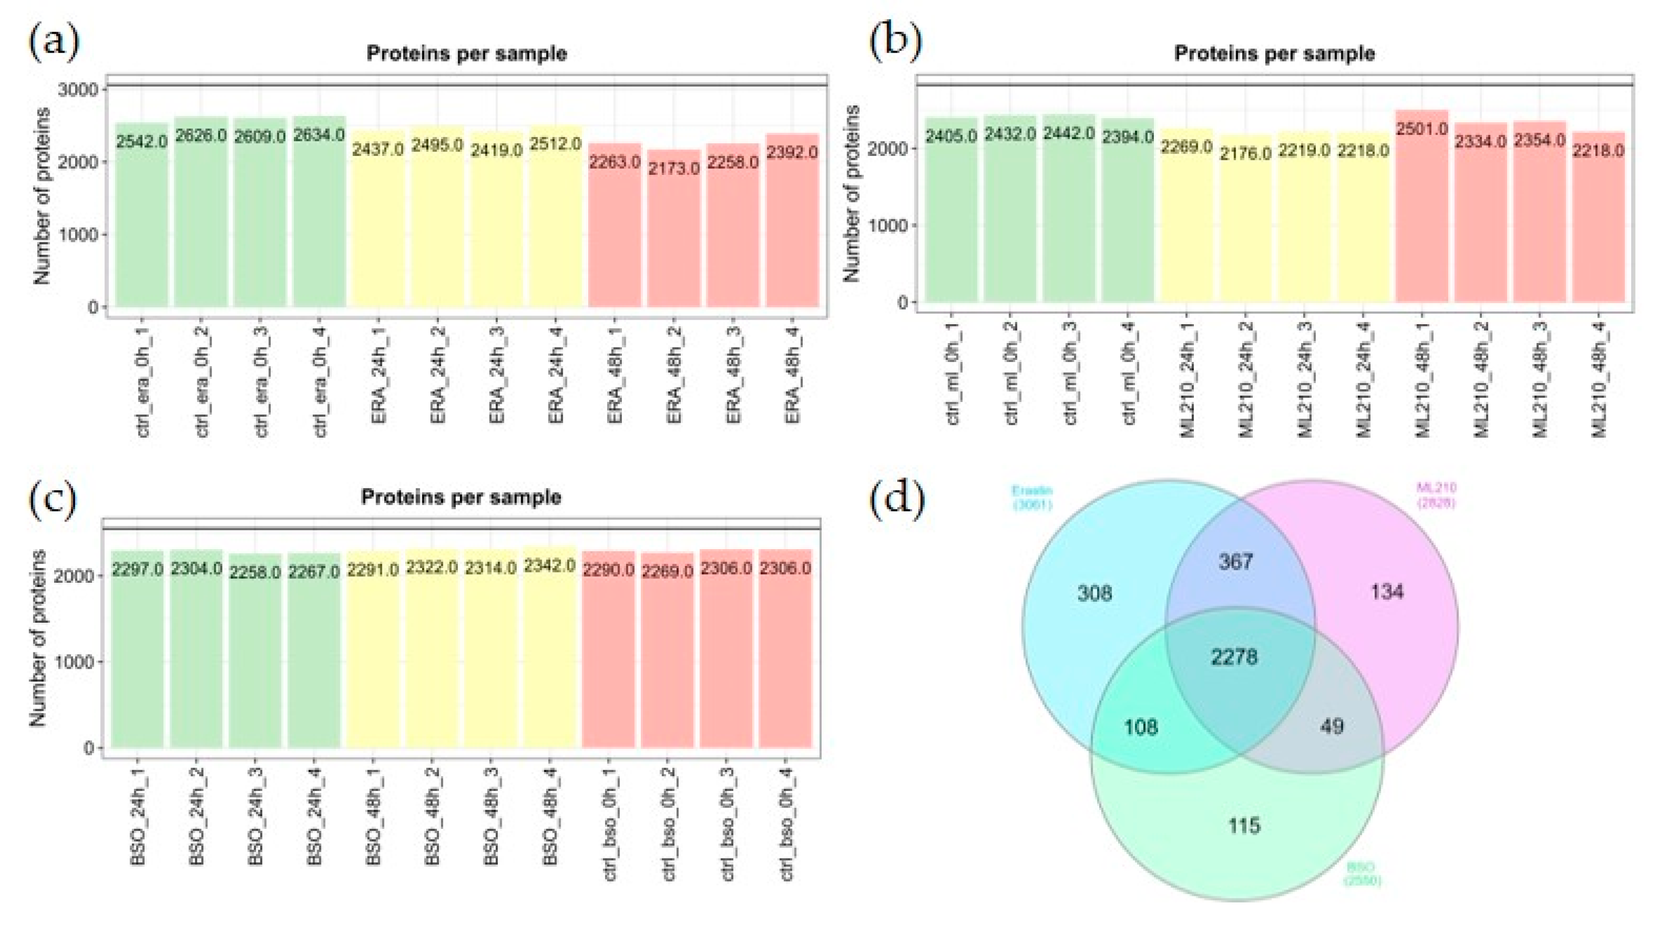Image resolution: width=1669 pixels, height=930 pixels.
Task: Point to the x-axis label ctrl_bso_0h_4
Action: click(x=786, y=826)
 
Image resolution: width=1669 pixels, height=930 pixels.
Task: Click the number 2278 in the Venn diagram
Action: click(x=1234, y=657)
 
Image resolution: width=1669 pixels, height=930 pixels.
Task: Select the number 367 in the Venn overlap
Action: click(x=1236, y=561)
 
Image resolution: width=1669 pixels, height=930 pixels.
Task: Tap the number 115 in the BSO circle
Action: click(x=1244, y=826)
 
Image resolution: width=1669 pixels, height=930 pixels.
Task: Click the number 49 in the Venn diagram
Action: click(x=1331, y=727)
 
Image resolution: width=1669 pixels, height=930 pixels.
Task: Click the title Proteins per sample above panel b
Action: click(x=1274, y=53)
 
